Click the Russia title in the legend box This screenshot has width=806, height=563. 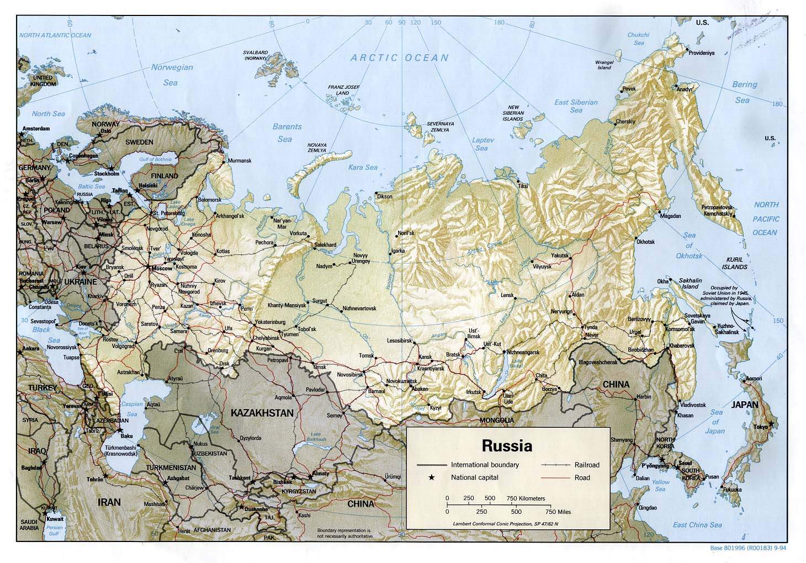point(507,445)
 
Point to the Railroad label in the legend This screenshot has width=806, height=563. point(586,465)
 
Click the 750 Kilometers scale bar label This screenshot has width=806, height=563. point(526,498)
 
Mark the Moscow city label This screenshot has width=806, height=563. point(162,268)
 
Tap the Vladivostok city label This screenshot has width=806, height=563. point(693,405)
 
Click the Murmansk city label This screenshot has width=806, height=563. point(240,161)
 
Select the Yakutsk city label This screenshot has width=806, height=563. point(560,256)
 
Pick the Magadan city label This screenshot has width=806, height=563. point(670,216)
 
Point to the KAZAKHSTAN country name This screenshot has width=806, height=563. point(262,412)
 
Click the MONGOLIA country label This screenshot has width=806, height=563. point(496,420)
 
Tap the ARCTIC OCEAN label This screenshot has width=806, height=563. point(400,57)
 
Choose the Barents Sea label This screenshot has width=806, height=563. point(287,132)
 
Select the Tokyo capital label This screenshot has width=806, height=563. point(761,427)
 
